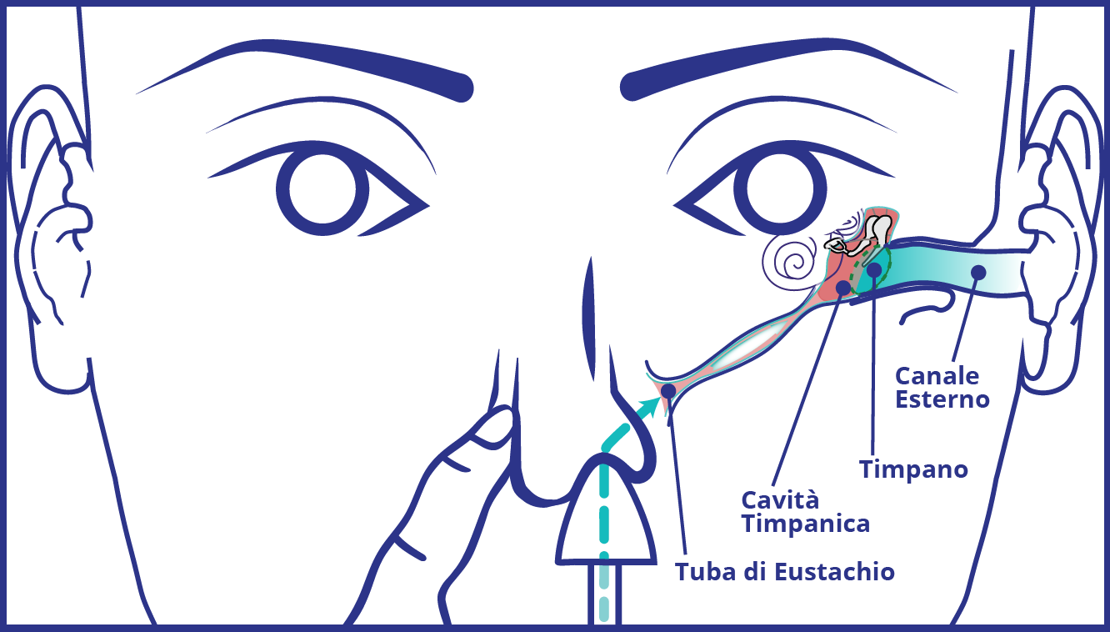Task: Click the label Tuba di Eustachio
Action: [x=784, y=572]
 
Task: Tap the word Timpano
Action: [x=913, y=469]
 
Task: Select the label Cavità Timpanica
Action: [x=805, y=512]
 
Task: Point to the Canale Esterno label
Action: [x=942, y=387]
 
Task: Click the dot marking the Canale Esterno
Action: [x=978, y=272]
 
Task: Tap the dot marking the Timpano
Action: [x=873, y=269]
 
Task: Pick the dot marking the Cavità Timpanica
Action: [x=843, y=288]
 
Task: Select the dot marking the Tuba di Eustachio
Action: [x=668, y=390]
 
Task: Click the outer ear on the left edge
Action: [x=50, y=217]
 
